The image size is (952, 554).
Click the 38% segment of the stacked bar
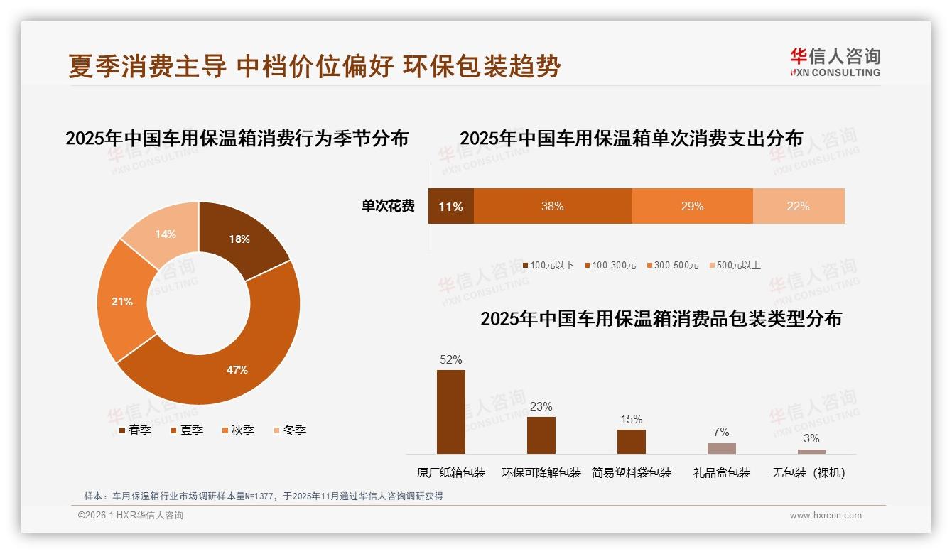click(552, 206)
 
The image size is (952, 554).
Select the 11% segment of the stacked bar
click(450, 206)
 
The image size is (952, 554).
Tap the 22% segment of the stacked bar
click(798, 206)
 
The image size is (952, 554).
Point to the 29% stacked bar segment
click(692, 206)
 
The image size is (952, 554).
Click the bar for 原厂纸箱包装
click(450, 412)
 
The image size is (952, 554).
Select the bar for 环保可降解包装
click(541, 435)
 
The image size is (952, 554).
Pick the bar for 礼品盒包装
click(721, 448)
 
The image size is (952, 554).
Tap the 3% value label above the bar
click(811, 438)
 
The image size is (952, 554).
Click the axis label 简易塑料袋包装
click(631, 472)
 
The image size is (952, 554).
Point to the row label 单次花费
click(388, 206)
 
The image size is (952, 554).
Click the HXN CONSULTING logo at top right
click(835, 63)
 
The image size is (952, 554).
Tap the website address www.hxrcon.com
click(825, 516)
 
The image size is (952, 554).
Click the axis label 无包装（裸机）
click(809, 472)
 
